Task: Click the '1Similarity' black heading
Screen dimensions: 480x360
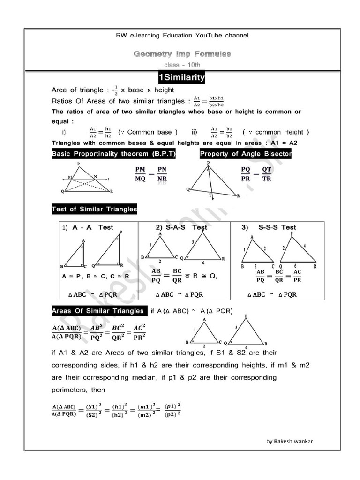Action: pyautogui.click(x=181, y=77)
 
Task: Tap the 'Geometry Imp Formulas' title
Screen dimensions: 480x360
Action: pyautogui.click(x=182, y=54)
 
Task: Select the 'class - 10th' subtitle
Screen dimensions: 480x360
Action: pyautogui.click(x=182, y=65)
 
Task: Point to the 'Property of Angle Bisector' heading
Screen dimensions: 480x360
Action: pyautogui.click(x=245, y=154)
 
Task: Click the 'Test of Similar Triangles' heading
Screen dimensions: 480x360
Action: pyautogui.click(x=94, y=209)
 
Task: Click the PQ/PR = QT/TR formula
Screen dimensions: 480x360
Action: pyautogui.click(x=256, y=174)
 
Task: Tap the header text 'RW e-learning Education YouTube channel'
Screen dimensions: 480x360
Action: pyautogui.click(x=182, y=36)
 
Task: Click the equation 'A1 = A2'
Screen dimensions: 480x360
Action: pyautogui.click(x=287, y=143)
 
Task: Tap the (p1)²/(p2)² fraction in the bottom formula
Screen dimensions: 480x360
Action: pyautogui.click(x=172, y=409)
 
